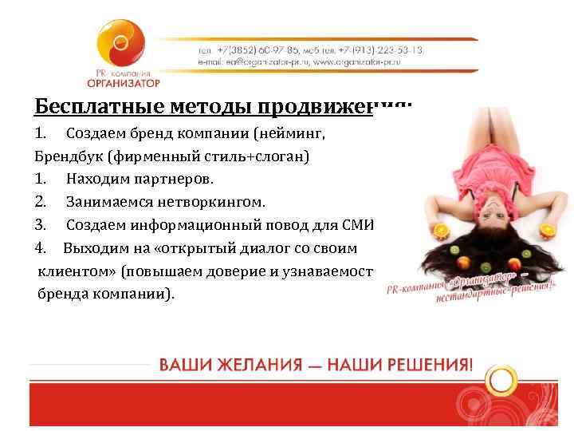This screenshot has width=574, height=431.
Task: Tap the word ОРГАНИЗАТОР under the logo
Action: pyautogui.click(x=124, y=83)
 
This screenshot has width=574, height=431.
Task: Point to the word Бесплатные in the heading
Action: pyautogui.click(x=87, y=106)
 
